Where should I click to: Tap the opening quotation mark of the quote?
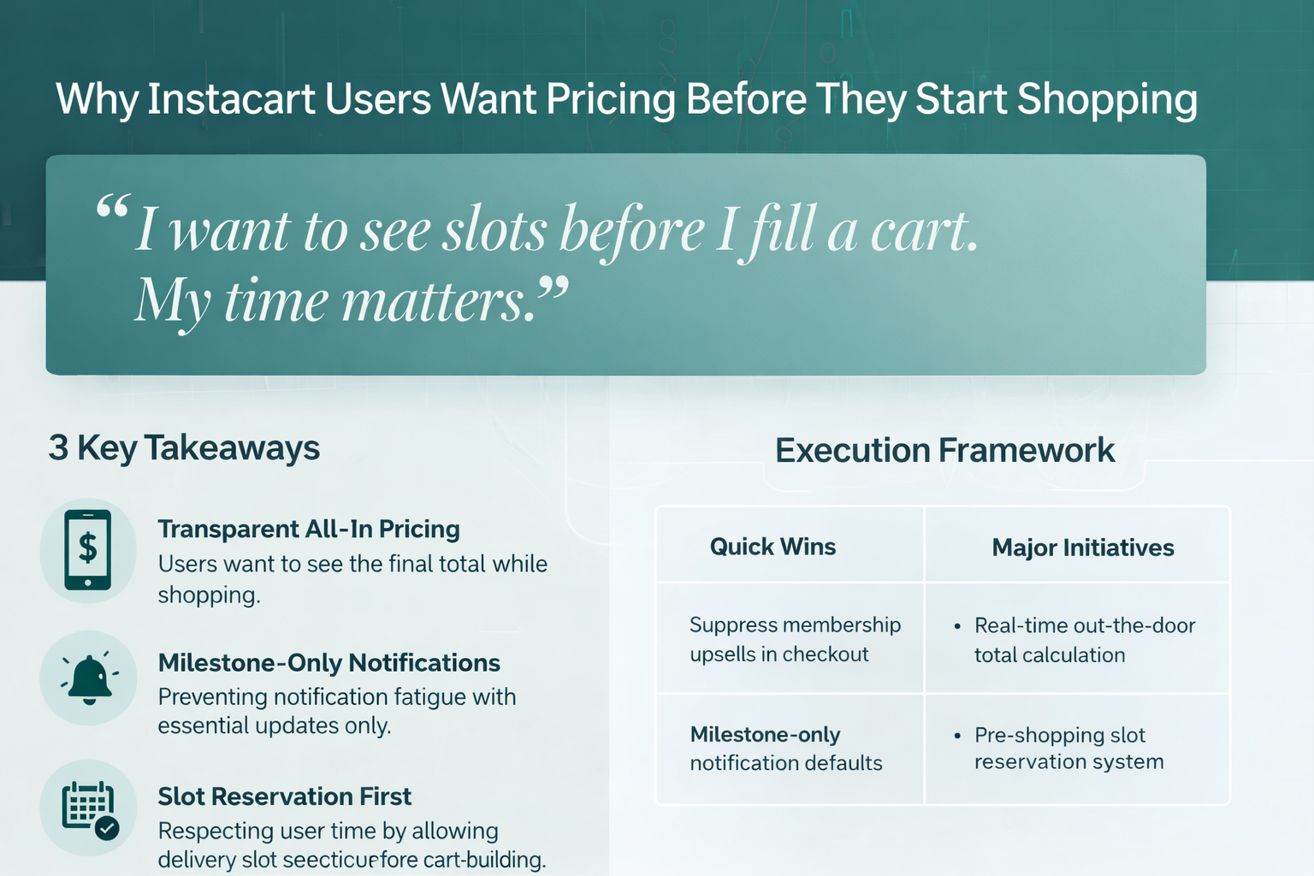click(x=112, y=208)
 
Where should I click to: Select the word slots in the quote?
click(x=494, y=230)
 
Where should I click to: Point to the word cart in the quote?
click(x=923, y=230)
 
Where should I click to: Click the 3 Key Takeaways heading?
click(x=184, y=447)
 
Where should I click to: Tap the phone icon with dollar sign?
click(x=88, y=550)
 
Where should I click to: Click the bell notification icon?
click(x=89, y=678)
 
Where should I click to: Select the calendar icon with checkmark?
click(x=89, y=809)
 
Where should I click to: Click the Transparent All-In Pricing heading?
click(x=309, y=530)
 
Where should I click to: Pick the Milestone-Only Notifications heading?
click(x=329, y=663)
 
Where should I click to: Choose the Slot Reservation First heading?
click(x=285, y=796)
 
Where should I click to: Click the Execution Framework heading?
click(x=944, y=450)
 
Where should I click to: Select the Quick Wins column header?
click(x=772, y=547)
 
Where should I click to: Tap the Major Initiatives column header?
click(x=1082, y=547)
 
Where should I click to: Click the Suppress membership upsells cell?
click(x=795, y=639)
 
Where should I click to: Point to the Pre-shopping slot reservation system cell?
click(x=1068, y=749)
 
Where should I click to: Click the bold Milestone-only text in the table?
click(x=765, y=735)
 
